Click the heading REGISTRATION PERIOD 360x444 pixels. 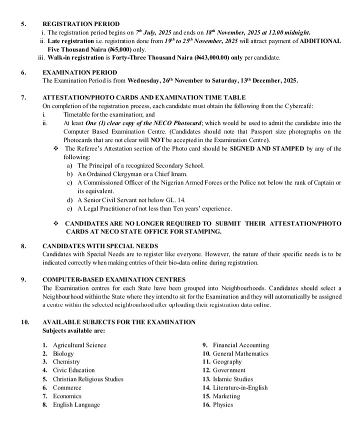pyautogui.click(x=81, y=23)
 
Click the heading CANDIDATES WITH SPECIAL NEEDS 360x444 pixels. pyautogui.click(x=100, y=246)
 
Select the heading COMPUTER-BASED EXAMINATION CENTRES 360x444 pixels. pyautogui.click(x=114, y=279)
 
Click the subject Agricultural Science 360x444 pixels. pyautogui.click(x=79, y=345)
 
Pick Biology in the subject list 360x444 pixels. pyautogui.click(x=63, y=353)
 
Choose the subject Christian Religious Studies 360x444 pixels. pyautogui.click(x=88, y=379)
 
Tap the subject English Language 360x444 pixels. pyautogui.click(x=76, y=404)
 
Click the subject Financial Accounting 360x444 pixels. pyautogui.click(x=241, y=345)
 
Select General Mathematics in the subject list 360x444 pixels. pyautogui.click(x=240, y=353)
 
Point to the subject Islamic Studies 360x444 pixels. pyautogui.click(x=233, y=379)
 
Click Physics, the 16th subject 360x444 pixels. pyautogui.click(x=223, y=404)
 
